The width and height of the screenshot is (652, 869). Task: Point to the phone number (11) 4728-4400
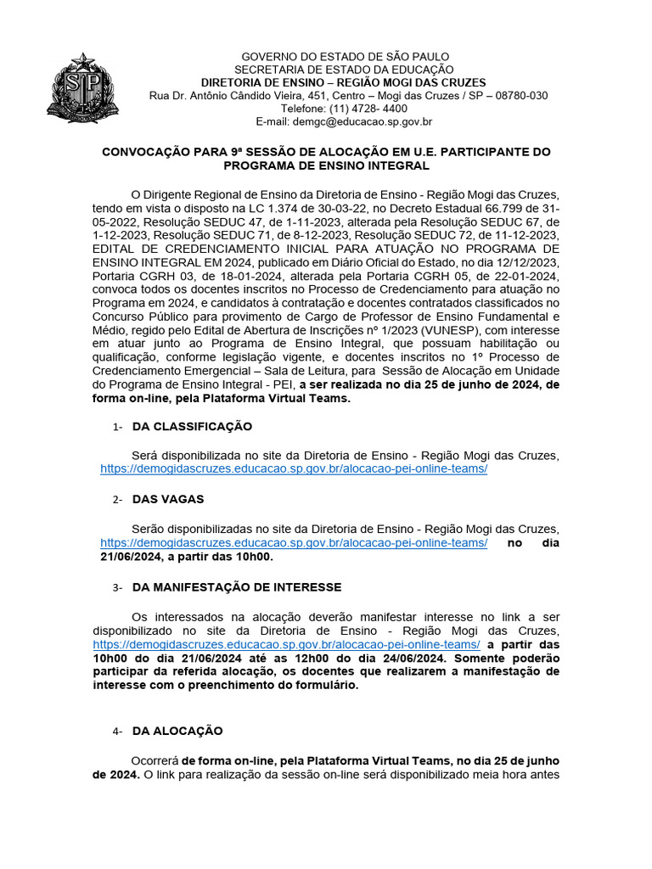356,109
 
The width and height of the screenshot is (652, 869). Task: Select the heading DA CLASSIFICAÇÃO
192,426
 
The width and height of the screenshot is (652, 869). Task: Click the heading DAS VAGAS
168,499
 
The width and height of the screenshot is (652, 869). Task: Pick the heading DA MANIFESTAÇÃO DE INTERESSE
237,586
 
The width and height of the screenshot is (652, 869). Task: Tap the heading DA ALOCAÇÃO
177,731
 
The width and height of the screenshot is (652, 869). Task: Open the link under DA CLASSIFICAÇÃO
294,468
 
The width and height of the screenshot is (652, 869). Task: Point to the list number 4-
118,732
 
